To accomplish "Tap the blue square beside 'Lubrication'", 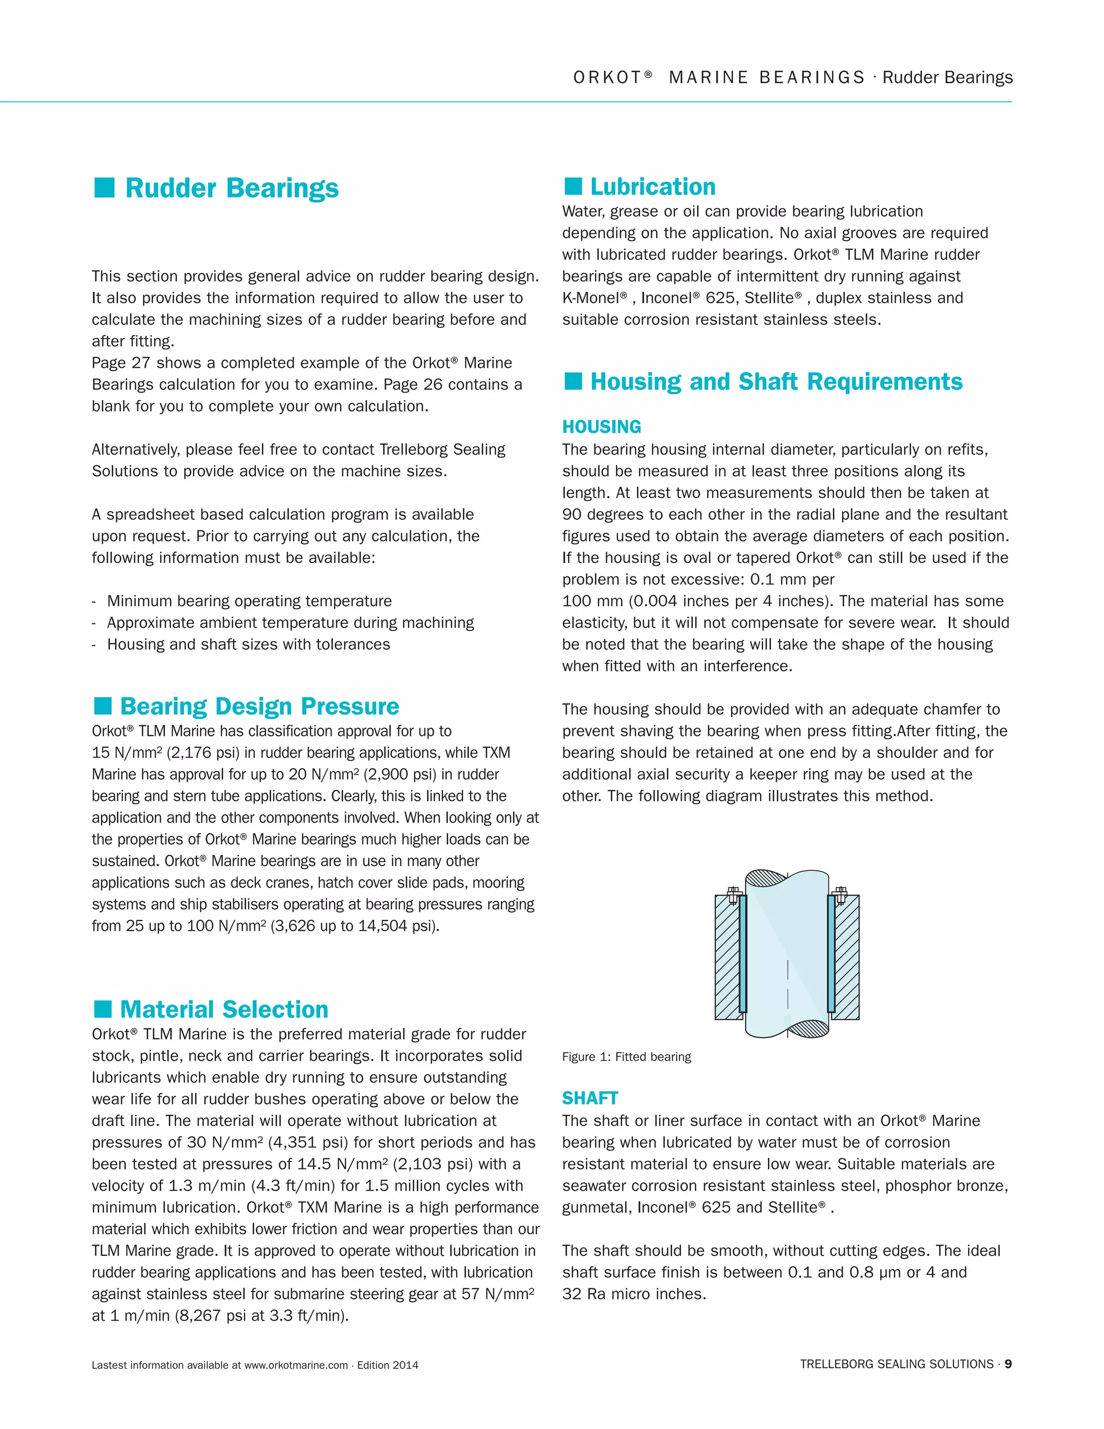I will coord(573,187).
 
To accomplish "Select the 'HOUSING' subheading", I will coord(601,427).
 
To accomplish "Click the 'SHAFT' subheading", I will coord(589,1098).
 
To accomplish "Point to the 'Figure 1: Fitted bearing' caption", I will coord(626,1057).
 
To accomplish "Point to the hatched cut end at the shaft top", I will coord(767,877).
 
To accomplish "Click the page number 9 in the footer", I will coord(1008,1364).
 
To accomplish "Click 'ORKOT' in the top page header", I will coord(607,78).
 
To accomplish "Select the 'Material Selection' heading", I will coord(224,1009).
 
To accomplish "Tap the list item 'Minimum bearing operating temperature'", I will coord(249,601).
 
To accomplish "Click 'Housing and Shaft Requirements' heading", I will coord(776,381).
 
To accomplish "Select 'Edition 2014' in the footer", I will coord(387,1365).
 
